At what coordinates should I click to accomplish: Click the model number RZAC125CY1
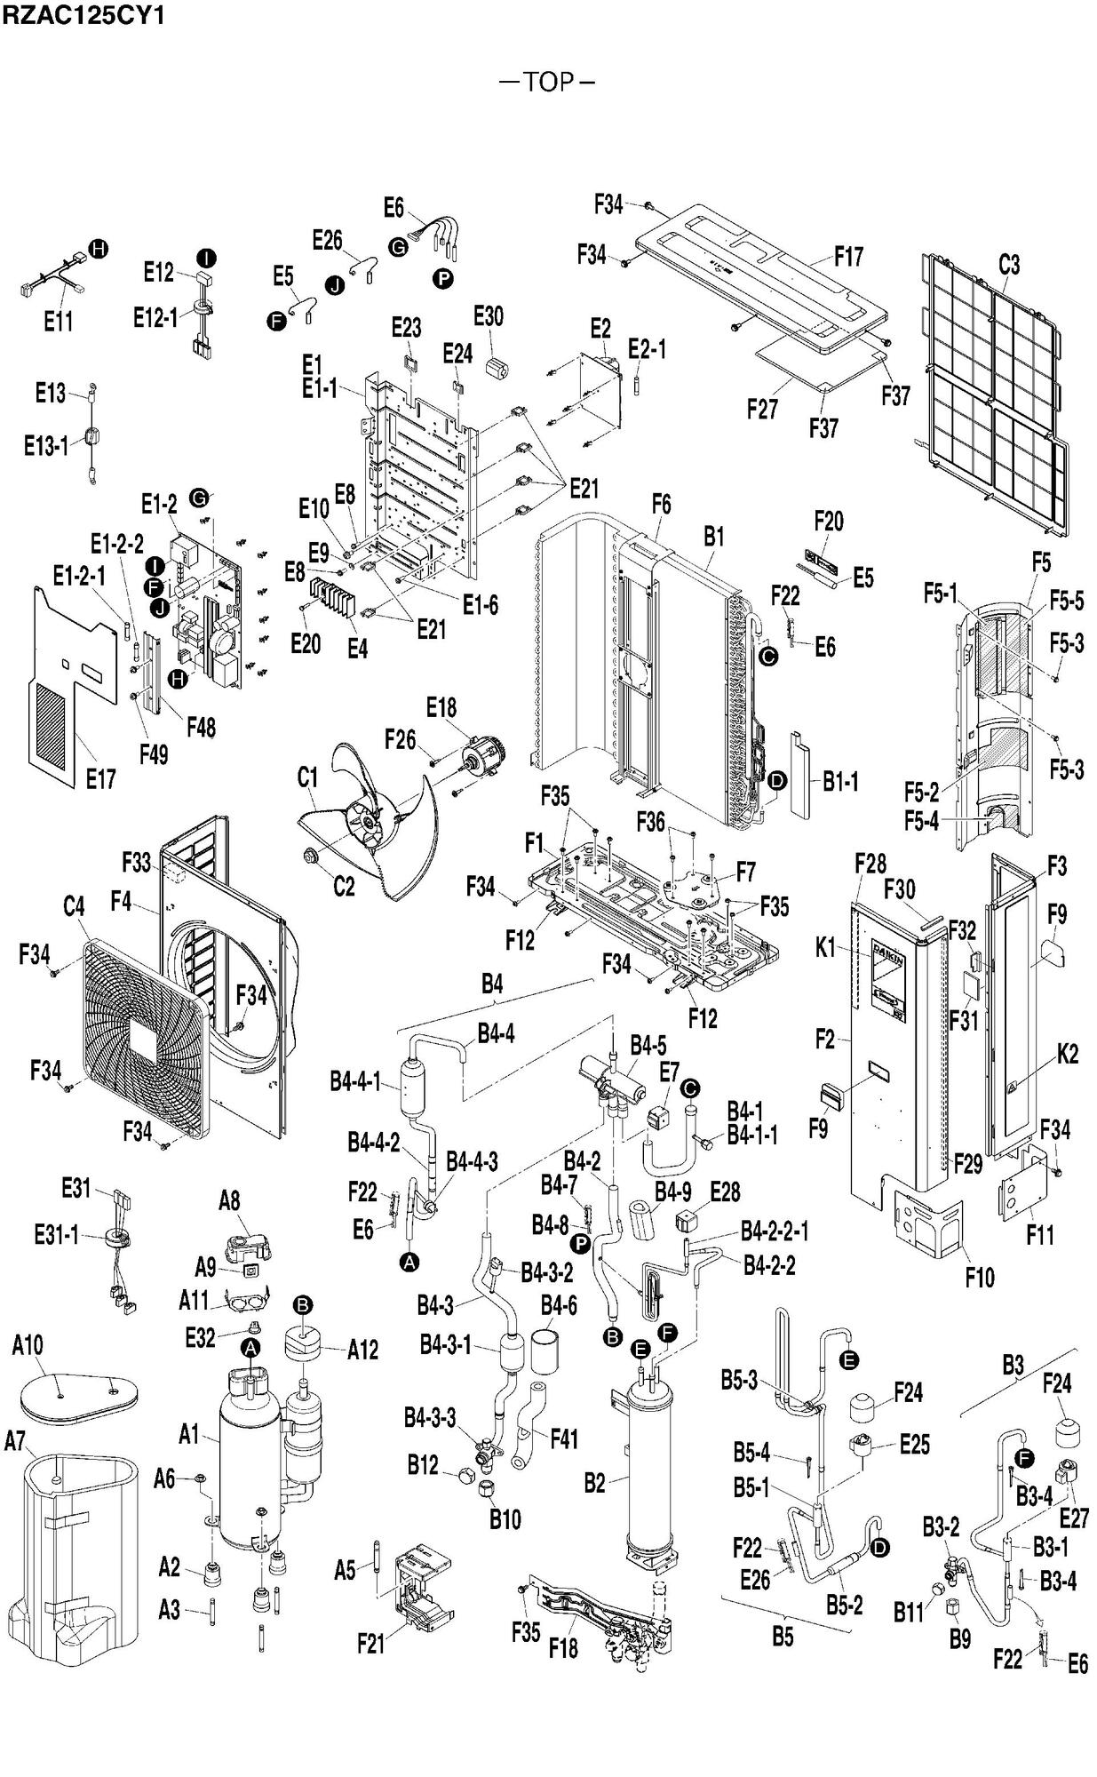click(x=83, y=15)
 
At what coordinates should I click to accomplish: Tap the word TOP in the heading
click(x=548, y=83)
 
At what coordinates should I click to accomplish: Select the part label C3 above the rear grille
click(x=1009, y=265)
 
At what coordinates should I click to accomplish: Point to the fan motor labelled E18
click(x=481, y=761)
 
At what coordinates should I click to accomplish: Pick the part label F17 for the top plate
click(x=848, y=258)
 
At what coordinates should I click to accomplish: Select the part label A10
click(x=28, y=1345)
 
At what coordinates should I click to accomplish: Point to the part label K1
click(x=826, y=949)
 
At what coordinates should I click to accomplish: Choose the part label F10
click(x=980, y=1278)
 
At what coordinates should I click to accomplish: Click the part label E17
click(x=100, y=779)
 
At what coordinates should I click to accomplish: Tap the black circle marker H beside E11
click(x=98, y=249)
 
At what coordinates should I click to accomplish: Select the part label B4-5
click(x=648, y=1044)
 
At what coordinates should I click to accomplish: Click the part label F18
click(x=563, y=1648)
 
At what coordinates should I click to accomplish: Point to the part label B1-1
click(x=840, y=782)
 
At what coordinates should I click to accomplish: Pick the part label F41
click(x=564, y=1438)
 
